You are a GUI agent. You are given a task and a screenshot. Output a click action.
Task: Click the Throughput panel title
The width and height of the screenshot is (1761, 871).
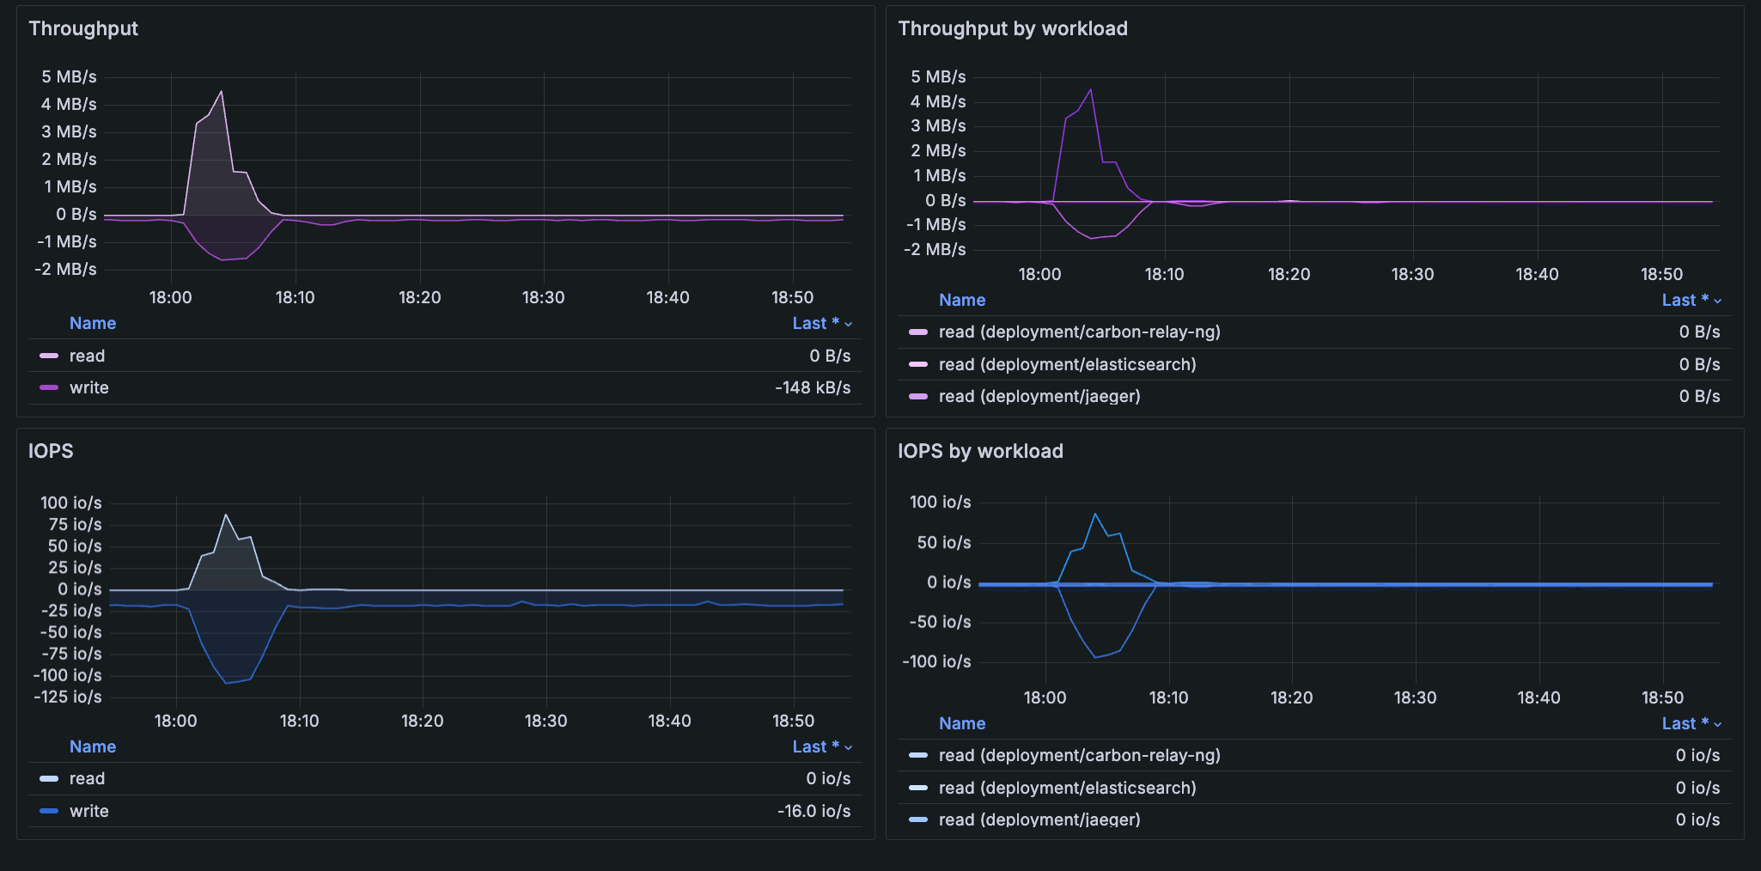point(83,28)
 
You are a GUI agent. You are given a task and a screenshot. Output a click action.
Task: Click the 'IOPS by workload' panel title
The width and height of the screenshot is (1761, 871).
point(980,451)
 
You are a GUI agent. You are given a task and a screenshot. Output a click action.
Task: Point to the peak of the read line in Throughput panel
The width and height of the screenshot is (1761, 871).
point(222,92)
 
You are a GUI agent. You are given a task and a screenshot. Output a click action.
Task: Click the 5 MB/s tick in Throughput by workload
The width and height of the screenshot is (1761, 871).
point(938,77)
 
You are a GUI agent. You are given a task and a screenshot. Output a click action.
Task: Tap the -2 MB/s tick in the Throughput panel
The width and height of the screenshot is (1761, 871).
point(65,270)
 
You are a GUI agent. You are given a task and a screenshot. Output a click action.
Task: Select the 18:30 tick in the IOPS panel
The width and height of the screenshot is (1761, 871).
point(545,721)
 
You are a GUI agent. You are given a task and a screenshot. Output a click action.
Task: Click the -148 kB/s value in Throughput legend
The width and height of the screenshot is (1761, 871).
point(812,388)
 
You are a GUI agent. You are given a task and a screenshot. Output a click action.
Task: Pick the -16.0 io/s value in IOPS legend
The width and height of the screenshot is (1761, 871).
point(813,811)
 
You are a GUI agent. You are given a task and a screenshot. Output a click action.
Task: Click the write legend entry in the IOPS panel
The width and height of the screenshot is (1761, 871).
point(88,811)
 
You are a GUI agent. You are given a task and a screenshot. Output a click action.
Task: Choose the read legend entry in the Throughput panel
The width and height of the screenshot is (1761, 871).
point(87,356)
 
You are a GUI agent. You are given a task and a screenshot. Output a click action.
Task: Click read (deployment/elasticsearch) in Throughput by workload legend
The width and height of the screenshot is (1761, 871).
point(1067,364)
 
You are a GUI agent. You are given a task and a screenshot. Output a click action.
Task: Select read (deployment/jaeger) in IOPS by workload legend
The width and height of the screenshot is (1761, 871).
point(1039,819)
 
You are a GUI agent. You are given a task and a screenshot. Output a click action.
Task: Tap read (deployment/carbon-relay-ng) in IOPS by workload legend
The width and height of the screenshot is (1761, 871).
point(1079,755)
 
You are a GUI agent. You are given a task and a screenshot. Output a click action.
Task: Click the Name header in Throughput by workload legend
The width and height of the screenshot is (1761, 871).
point(961,300)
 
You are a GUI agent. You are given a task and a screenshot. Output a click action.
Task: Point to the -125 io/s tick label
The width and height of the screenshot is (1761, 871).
point(67,697)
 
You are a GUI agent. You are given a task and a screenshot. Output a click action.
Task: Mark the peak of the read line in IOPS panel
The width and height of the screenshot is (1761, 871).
point(226,515)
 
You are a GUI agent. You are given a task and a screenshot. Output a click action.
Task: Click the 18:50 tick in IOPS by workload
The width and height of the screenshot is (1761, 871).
point(1662,697)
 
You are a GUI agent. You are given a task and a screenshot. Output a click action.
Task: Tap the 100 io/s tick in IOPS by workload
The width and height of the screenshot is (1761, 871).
point(940,502)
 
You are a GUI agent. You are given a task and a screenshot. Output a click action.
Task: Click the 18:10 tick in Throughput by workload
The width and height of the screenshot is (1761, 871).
point(1164,274)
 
